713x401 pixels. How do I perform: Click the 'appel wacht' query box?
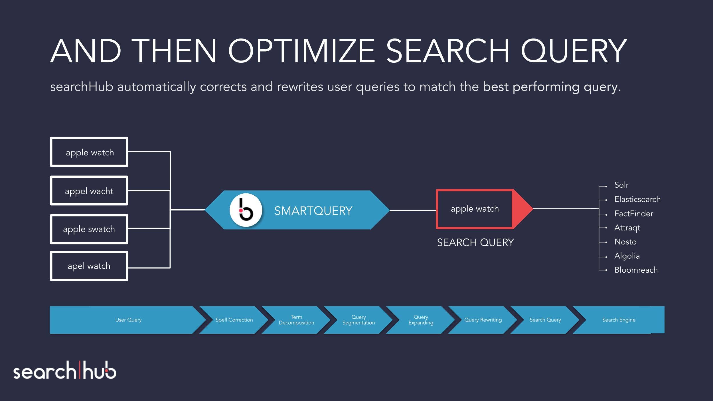pyautogui.click(x=89, y=191)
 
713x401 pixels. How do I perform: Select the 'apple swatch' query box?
pyautogui.click(x=89, y=229)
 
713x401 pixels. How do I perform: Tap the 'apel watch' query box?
pyautogui.click(x=89, y=266)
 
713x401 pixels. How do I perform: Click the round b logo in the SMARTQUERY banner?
pyautogui.click(x=246, y=210)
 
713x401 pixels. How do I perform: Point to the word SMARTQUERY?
pyautogui.click(x=313, y=211)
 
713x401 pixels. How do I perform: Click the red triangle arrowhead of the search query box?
pyautogui.click(x=521, y=209)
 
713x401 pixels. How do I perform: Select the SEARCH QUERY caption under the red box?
pyautogui.click(x=475, y=242)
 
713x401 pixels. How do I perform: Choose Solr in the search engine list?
pyautogui.click(x=621, y=185)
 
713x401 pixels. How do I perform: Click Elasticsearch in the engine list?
pyautogui.click(x=637, y=199)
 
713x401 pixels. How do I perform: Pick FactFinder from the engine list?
pyautogui.click(x=633, y=213)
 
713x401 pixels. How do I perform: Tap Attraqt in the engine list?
pyautogui.click(x=627, y=228)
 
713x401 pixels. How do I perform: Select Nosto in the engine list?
pyautogui.click(x=625, y=242)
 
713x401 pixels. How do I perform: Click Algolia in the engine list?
pyautogui.click(x=627, y=256)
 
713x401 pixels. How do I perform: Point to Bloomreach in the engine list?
pyautogui.click(x=636, y=270)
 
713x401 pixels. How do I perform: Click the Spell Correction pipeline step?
pyautogui.click(x=234, y=320)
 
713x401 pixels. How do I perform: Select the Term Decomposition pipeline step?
pyautogui.click(x=296, y=320)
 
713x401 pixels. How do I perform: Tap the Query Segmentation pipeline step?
pyautogui.click(x=358, y=320)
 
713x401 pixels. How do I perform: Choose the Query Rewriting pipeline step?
pyautogui.click(x=483, y=320)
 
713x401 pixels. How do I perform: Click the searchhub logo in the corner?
pyautogui.click(x=65, y=370)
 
